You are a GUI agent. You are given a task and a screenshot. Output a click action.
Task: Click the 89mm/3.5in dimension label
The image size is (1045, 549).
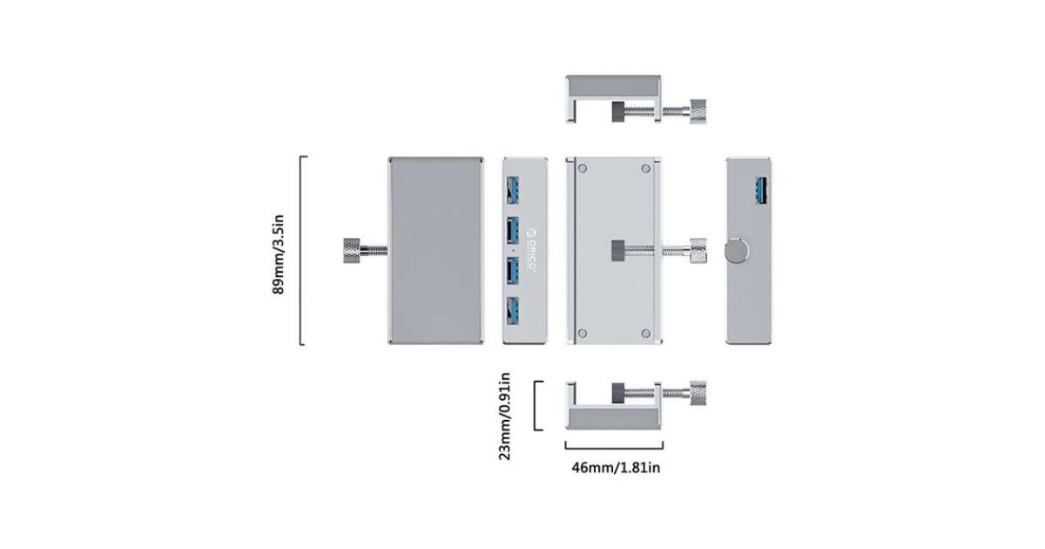coord(278,254)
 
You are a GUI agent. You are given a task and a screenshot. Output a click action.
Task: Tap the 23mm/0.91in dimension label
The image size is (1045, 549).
coord(505,416)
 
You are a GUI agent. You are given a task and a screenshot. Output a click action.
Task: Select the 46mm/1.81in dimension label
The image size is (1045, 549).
coord(616,467)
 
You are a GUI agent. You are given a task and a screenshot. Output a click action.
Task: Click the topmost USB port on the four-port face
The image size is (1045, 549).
coord(513,190)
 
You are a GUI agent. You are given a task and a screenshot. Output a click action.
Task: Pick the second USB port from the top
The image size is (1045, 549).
coord(513,231)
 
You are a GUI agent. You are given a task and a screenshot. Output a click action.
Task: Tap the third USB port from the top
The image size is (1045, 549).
coord(513,271)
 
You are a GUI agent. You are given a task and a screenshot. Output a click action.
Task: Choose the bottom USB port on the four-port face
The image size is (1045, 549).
coord(513,311)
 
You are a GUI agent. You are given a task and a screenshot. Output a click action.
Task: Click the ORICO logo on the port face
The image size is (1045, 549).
coord(531,250)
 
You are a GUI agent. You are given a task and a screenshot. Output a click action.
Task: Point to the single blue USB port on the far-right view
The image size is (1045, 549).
coord(761,191)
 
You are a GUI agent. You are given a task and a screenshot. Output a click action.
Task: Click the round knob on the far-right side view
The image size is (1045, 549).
coord(737,251)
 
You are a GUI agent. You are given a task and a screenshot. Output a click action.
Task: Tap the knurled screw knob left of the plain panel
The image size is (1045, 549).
coord(351,251)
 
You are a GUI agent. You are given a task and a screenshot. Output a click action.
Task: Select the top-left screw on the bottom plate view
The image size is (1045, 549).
coord(583,168)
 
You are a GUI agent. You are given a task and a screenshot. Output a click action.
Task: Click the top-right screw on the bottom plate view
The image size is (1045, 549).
coord(645,168)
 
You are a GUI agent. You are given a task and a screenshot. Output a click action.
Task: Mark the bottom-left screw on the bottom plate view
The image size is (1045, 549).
coord(583,333)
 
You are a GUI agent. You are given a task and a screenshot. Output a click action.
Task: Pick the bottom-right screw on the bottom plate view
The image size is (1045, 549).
coord(645,333)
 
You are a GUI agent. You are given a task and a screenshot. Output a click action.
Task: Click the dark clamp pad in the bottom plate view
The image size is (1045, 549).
coord(618,251)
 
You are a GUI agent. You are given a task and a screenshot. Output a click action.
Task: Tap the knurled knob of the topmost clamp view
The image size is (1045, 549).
coord(698,112)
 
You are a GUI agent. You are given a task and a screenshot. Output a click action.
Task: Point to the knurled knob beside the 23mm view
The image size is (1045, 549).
coord(698,393)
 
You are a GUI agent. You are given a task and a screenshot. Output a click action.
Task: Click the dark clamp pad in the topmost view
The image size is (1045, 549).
coord(618,112)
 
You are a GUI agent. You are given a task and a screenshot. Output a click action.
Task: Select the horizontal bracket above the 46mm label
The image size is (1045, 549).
coord(614,448)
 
